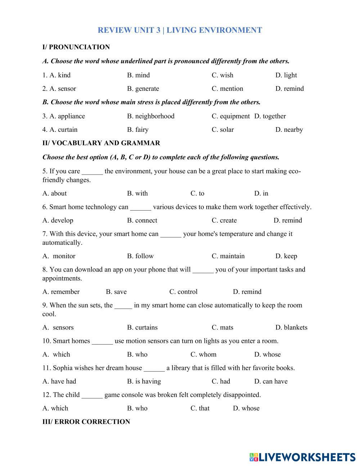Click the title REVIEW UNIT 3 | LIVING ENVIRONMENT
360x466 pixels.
point(180,30)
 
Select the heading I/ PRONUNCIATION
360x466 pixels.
point(76,47)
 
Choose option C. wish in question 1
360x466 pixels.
point(222,75)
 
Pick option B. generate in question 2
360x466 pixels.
point(143,89)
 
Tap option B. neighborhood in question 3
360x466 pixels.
point(150,116)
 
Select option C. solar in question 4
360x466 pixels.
point(222,130)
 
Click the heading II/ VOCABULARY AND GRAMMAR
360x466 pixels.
point(101,143)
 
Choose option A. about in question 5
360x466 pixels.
point(54,193)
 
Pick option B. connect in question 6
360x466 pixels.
point(142,220)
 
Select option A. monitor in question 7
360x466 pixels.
point(59,256)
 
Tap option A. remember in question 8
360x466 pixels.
point(61,292)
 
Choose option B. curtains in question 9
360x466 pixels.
point(142,327)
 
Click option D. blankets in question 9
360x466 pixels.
point(291,327)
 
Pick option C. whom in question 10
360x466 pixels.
point(203,354)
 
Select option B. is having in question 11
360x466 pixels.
point(144,381)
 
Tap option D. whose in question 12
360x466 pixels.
point(246,408)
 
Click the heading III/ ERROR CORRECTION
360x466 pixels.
point(86,422)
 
